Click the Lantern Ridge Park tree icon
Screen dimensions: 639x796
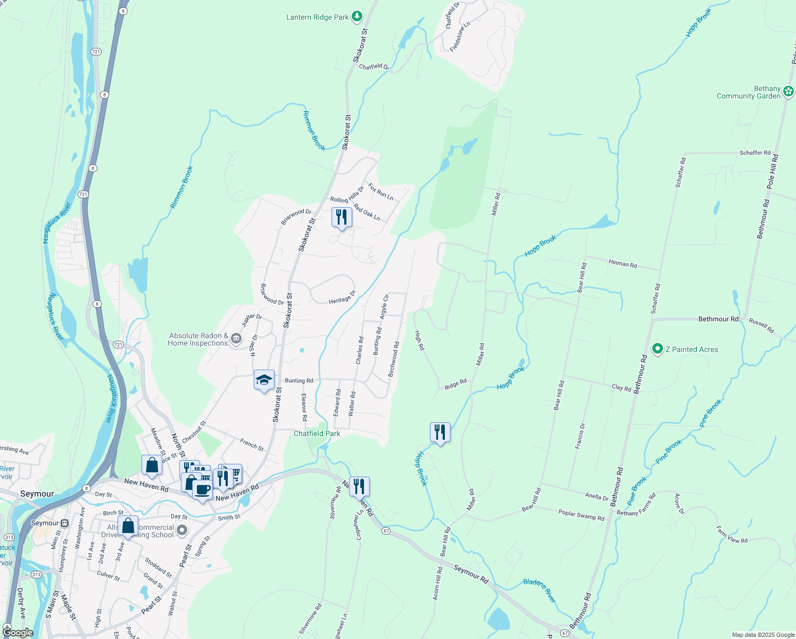[x=357, y=17]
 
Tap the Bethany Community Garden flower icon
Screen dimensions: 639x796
[x=789, y=92]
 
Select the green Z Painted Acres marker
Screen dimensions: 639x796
[x=657, y=349]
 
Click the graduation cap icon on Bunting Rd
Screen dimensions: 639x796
[x=264, y=380]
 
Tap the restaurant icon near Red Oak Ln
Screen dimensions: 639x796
[x=342, y=217]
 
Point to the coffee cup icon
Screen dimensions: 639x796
[x=202, y=489]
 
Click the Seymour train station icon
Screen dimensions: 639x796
[x=64, y=523]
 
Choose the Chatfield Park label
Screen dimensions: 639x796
[x=317, y=433]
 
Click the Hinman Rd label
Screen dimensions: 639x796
[x=622, y=264]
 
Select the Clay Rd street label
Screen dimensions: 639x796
[x=621, y=388]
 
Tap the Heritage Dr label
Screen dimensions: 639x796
[x=342, y=298]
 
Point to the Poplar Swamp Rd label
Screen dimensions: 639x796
[x=581, y=515]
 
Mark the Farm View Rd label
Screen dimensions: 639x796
[x=732, y=535]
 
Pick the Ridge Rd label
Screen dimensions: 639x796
[x=455, y=384]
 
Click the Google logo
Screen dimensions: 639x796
[x=18, y=633]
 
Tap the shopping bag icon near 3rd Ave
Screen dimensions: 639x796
[x=128, y=526]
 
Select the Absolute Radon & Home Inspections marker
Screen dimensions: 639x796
[x=236, y=339]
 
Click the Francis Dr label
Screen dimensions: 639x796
[x=580, y=436]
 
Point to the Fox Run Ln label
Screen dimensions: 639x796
[x=380, y=192]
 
